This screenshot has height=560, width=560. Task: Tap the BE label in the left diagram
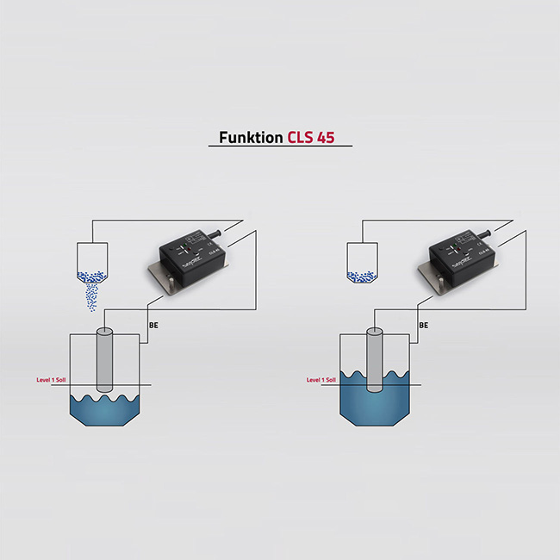point(153,325)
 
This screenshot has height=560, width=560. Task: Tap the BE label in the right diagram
point(423,325)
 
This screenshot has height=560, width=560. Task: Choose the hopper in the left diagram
point(90,258)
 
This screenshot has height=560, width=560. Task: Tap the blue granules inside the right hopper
point(359,277)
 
